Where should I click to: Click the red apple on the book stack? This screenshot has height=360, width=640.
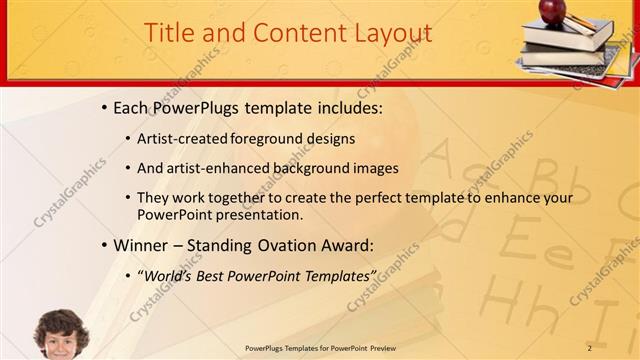pos(553,11)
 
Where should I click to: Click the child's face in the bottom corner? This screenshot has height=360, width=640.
pos(62,337)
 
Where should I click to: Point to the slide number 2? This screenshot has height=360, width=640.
pos(590,347)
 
